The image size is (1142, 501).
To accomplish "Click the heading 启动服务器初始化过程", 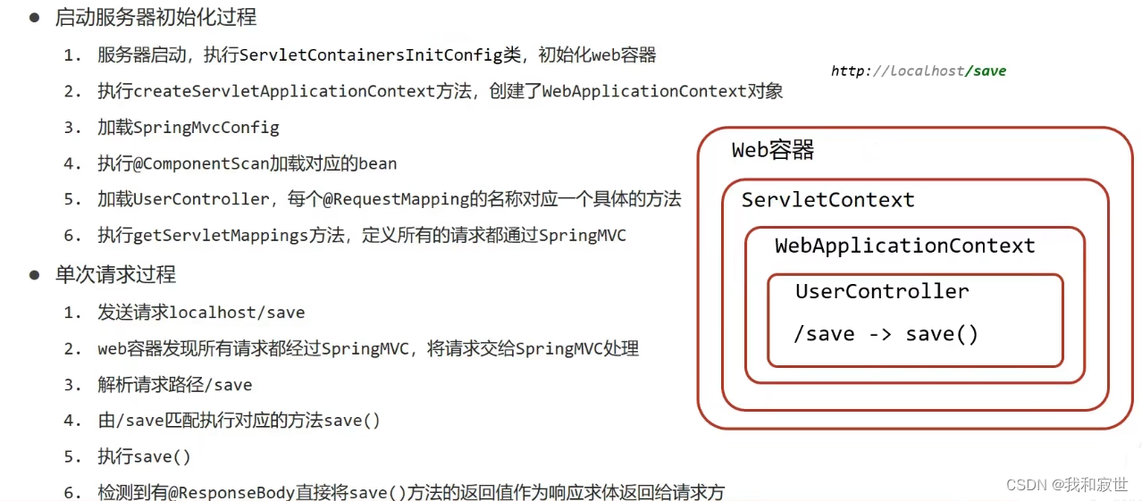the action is [x=155, y=18].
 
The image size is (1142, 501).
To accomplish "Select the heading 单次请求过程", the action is [x=115, y=275].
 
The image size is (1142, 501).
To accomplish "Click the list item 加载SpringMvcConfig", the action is [x=189, y=128].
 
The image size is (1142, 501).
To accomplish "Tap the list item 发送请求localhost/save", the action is [x=201, y=313].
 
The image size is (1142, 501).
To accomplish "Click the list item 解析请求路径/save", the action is [x=175, y=385].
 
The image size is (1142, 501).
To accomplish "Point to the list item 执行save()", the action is [x=145, y=456].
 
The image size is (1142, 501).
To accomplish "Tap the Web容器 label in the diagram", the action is [x=773, y=150].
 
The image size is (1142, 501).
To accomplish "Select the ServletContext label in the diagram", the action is [x=828, y=200].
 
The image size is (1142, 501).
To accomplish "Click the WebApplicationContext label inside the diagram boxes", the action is [x=904, y=246].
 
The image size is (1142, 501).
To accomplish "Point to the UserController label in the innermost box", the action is [x=882, y=291].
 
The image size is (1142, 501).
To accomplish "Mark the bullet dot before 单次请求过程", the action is [x=35, y=274].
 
